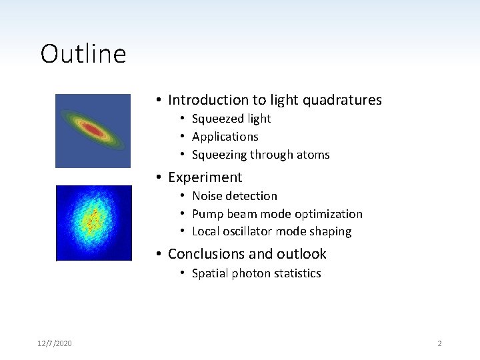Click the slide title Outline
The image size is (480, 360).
click(x=83, y=54)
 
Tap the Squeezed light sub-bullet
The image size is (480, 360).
click(x=231, y=119)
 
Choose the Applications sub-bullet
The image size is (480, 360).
click(x=225, y=137)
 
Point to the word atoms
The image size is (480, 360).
click(x=313, y=155)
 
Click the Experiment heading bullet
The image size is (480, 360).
click(x=205, y=177)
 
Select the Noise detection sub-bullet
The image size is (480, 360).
click(x=234, y=196)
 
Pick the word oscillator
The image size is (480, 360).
click(x=253, y=232)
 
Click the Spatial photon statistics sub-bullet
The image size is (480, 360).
click(x=256, y=273)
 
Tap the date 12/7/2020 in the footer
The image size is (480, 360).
click(x=55, y=343)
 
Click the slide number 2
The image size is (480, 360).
click(x=439, y=343)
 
